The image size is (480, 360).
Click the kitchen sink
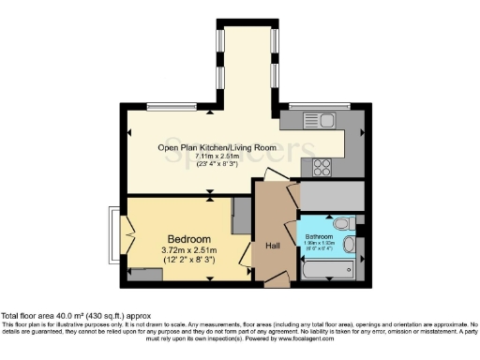pos(313,120)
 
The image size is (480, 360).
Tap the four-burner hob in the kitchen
pos(322,167)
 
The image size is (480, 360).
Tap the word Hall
pos(273,245)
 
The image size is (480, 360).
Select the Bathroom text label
pos(318,236)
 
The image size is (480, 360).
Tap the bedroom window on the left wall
pos(114,231)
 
